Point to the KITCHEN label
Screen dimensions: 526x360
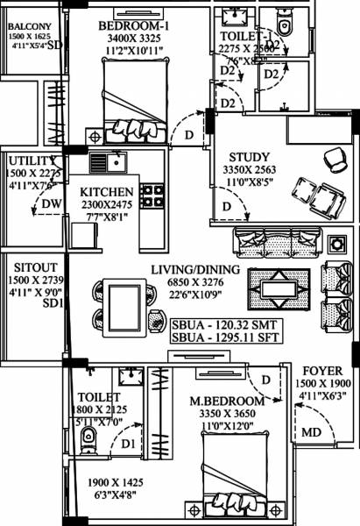tap(106, 192)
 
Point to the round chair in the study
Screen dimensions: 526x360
tap(333, 160)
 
